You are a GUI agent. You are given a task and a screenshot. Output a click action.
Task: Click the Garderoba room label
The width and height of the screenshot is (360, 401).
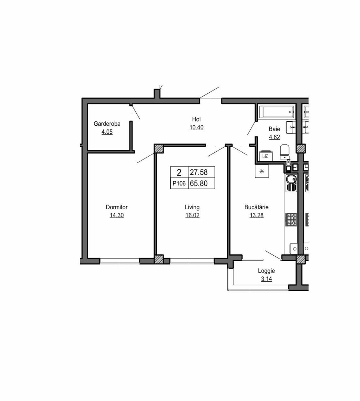107,124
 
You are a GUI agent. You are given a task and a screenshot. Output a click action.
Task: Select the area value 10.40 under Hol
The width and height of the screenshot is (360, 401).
196,128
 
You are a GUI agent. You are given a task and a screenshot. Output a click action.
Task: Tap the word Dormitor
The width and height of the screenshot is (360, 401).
117,207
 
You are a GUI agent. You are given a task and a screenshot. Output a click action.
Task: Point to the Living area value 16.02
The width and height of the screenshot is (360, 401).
192,215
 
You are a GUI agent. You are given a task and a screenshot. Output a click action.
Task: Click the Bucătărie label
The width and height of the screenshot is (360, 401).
256,207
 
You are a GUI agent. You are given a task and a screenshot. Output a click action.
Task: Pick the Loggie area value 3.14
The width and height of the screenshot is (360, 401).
267,279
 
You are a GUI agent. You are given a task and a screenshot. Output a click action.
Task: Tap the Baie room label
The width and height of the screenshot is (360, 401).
274,129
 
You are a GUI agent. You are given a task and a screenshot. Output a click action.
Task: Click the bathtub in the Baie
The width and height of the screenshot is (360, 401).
278,112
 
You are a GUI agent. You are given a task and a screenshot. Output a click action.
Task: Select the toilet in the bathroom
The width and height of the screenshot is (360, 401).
284,152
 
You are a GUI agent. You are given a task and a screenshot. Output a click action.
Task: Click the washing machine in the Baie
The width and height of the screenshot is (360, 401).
266,156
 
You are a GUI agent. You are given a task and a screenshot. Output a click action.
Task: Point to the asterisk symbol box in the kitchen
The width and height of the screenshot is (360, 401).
262,171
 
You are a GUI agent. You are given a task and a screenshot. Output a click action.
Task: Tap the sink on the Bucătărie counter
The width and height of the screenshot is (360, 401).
291,183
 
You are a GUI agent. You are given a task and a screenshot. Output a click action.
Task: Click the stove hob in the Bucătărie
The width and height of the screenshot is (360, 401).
291,220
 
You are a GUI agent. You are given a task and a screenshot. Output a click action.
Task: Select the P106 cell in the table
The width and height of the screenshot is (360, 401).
179,183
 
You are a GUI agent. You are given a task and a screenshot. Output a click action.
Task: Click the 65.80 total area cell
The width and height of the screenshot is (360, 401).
199,184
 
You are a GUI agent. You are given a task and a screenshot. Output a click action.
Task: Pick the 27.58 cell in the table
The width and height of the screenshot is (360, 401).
199,172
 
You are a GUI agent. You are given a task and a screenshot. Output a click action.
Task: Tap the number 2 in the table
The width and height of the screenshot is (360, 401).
179,173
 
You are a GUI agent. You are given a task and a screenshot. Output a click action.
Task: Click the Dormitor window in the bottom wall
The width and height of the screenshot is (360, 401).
120,261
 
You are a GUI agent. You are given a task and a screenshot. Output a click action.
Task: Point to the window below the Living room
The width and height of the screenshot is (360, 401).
192,261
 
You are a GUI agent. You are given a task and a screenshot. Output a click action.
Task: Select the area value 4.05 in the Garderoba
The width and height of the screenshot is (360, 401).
107,132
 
